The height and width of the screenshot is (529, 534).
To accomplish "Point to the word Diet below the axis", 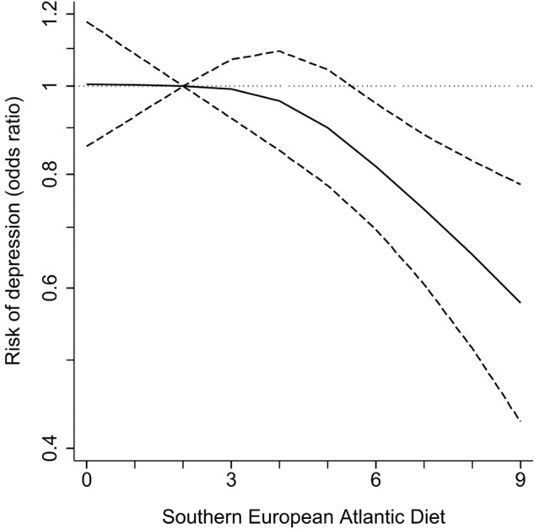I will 429,513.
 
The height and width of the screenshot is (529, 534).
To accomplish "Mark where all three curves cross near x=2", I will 183,85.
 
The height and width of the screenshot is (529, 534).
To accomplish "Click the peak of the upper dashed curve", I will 279,51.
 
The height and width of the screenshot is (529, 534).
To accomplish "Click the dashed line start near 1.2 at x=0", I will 86,21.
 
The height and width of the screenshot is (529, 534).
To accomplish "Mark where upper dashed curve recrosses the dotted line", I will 353,85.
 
